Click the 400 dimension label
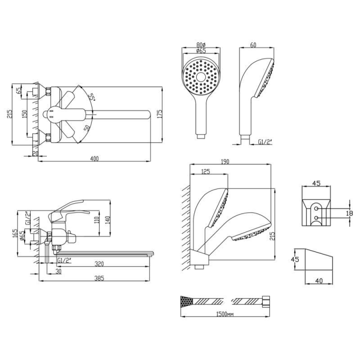94,159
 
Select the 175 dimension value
160,114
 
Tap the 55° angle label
92,97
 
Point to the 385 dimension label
99,283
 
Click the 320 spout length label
99,264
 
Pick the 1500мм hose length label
225,314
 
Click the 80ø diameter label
201,45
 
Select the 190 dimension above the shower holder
225,162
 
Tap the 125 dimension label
206,172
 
